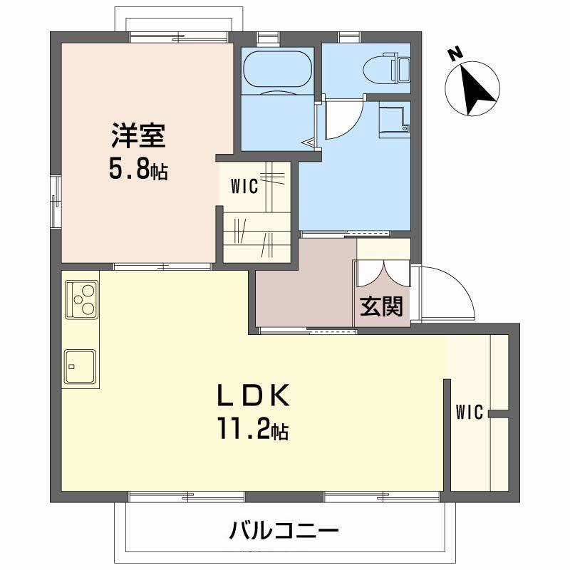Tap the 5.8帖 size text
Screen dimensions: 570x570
[x=138, y=170]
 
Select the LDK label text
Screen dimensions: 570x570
[x=252, y=394]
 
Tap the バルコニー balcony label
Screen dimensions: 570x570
[x=284, y=531]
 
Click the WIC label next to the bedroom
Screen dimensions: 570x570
[x=244, y=187]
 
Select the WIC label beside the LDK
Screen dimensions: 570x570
[x=470, y=412]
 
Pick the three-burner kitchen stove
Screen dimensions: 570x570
[x=81, y=299]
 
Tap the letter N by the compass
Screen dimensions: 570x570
[x=452, y=54]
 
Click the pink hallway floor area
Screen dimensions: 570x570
[x=303, y=289]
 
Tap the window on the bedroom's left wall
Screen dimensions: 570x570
[x=55, y=202]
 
